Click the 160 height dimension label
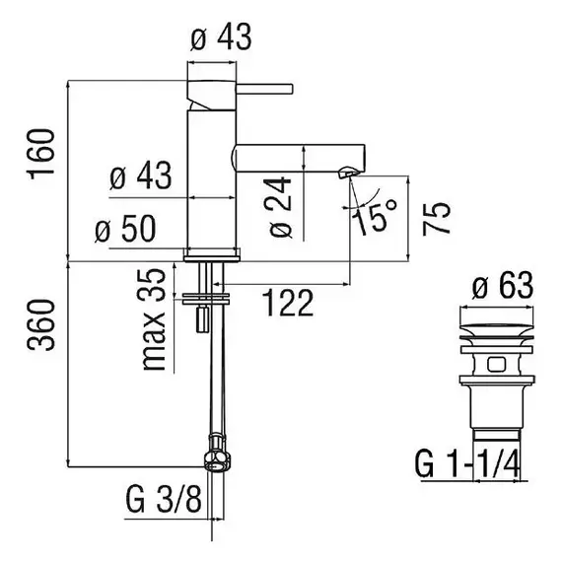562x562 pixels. [40, 154]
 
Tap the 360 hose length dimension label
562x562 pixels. [40, 324]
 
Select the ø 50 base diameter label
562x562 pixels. [125, 229]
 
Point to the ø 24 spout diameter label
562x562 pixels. [280, 207]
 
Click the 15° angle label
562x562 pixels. [373, 216]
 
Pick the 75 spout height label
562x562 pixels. [436, 219]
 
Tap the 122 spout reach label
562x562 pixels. [288, 304]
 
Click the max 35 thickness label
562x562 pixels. [154, 319]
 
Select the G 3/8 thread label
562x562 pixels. [164, 499]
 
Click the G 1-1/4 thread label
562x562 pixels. [466, 463]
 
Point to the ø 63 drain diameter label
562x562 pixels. [503, 285]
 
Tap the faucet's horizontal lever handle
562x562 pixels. [265, 89]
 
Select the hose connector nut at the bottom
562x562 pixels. [217, 453]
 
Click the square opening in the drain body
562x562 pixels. [496, 365]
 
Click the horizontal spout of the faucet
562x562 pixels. [299, 158]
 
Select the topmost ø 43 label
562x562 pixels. [221, 37]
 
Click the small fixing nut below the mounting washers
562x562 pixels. [202, 319]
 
